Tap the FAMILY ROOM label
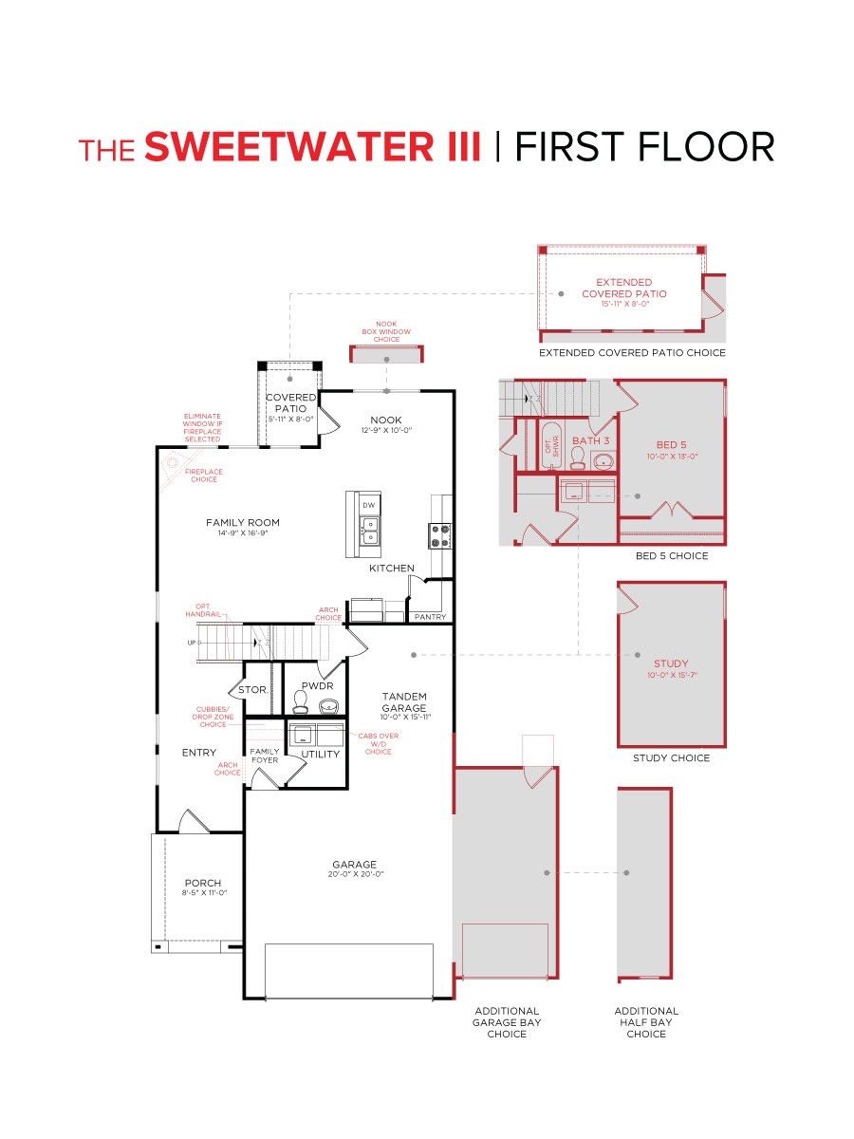(x=243, y=523)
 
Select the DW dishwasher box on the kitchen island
(x=367, y=505)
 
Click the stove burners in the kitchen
(x=439, y=536)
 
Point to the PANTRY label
(x=430, y=618)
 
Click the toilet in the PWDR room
(x=301, y=701)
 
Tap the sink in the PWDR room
(x=328, y=705)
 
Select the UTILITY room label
(x=321, y=755)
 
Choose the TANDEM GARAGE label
(x=404, y=702)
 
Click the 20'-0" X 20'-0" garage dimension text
(x=354, y=874)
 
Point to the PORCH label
(x=203, y=883)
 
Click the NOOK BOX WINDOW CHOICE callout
(x=386, y=331)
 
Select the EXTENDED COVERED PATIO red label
(x=623, y=288)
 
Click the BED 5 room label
(x=671, y=444)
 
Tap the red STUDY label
(x=671, y=663)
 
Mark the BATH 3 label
(x=590, y=440)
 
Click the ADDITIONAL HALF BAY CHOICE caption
(x=646, y=1022)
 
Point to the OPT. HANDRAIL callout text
(x=203, y=610)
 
